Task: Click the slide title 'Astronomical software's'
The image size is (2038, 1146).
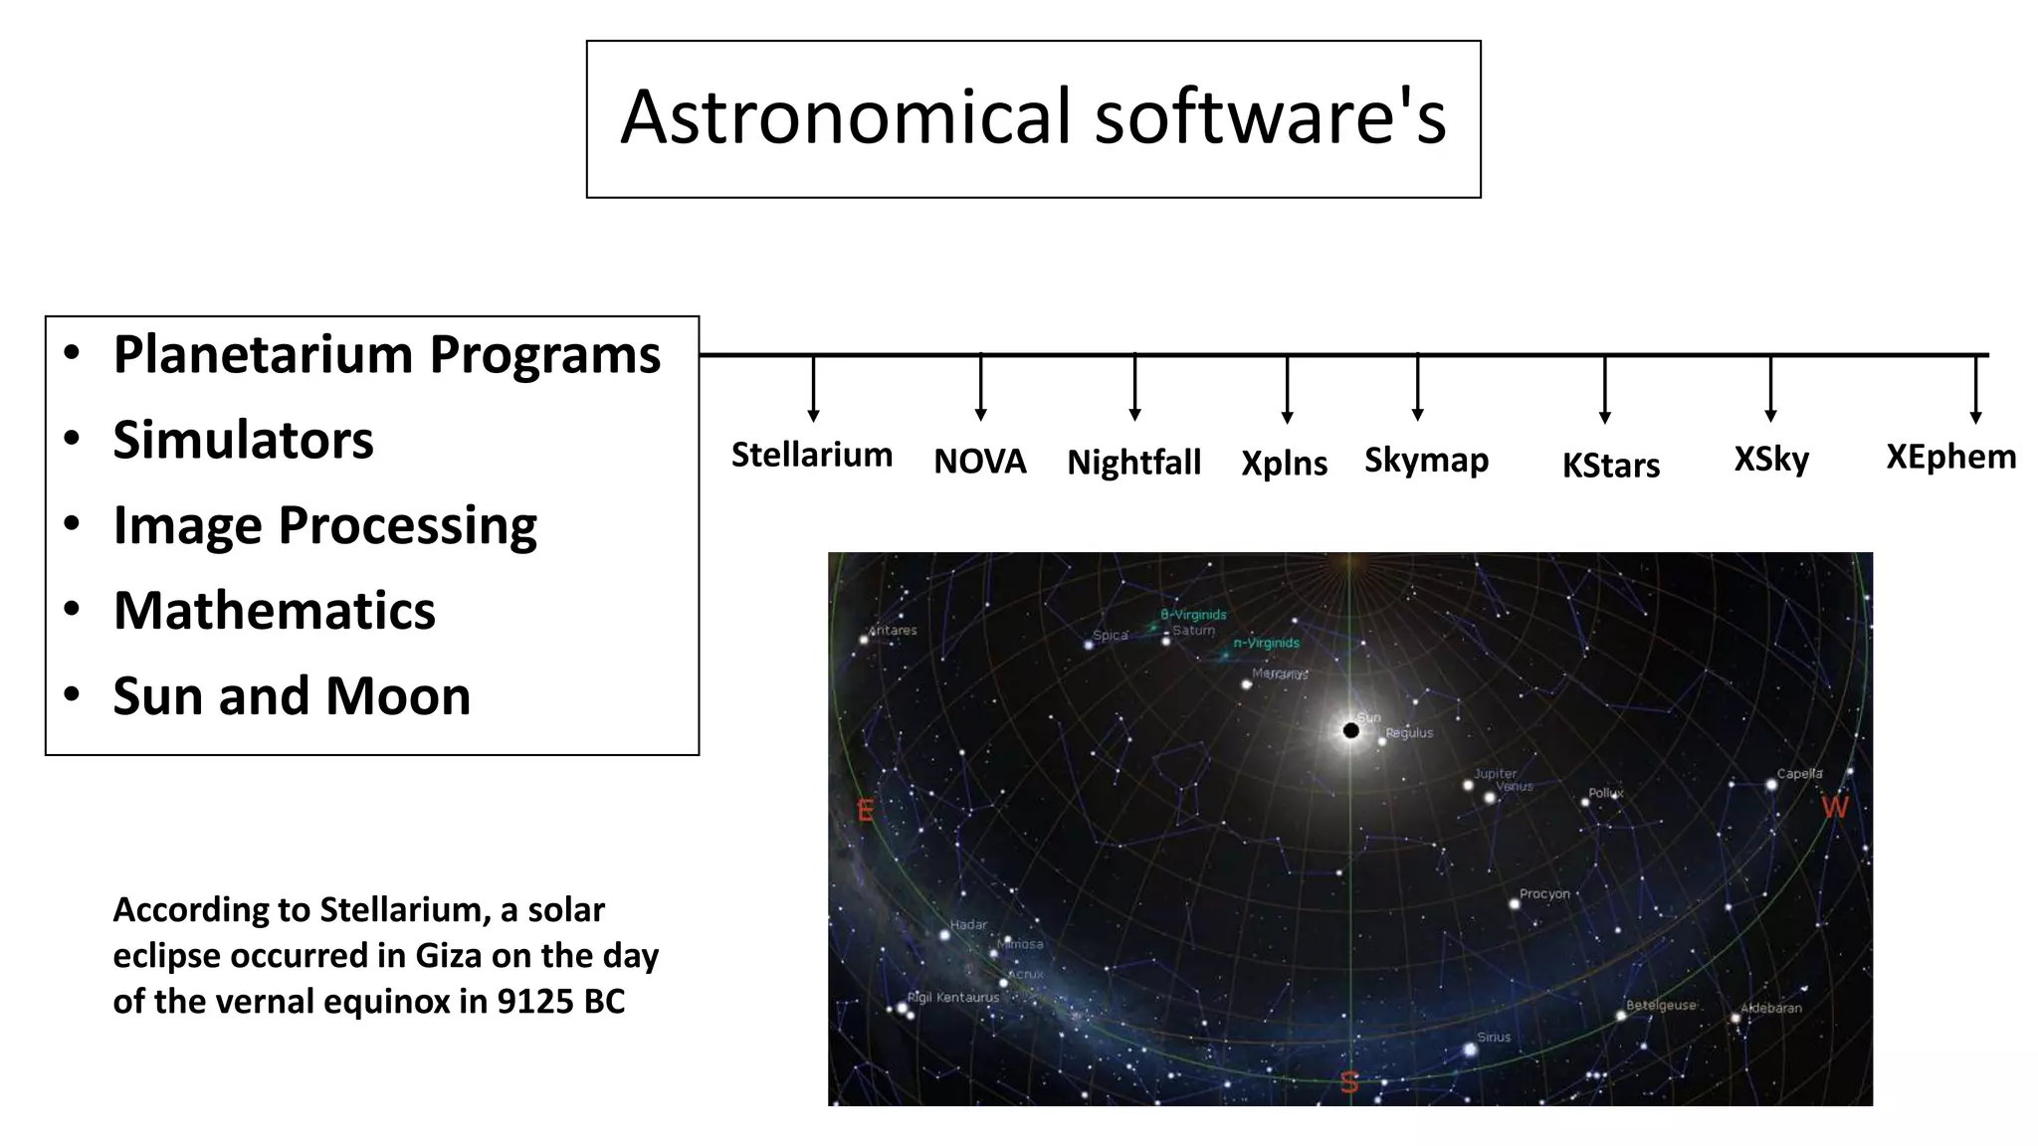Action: coord(1033,117)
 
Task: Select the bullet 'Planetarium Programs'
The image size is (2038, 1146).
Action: coord(386,354)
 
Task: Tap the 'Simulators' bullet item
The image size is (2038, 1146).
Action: coord(243,440)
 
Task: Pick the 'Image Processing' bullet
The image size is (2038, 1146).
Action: coord(324,525)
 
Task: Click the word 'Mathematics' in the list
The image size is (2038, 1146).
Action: coord(274,610)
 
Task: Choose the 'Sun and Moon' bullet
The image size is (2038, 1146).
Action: coord(291,695)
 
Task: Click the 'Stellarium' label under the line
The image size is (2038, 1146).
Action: coord(812,455)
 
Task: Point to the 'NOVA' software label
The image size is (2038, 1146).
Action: coord(979,462)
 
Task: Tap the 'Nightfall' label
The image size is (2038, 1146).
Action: coord(1133,463)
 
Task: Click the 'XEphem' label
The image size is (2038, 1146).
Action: coord(1950,457)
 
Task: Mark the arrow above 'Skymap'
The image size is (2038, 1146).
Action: coord(1417,387)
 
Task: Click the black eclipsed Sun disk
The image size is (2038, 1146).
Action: coord(1350,730)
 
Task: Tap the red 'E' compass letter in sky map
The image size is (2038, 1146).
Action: coord(865,811)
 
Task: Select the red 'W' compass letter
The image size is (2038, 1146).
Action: coord(1834,807)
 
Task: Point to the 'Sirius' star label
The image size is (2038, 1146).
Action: coord(1494,1037)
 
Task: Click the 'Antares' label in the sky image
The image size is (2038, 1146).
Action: coord(893,630)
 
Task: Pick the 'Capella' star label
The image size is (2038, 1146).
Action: coord(1799,773)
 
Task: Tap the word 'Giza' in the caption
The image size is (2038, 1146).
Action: coord(448,955)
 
